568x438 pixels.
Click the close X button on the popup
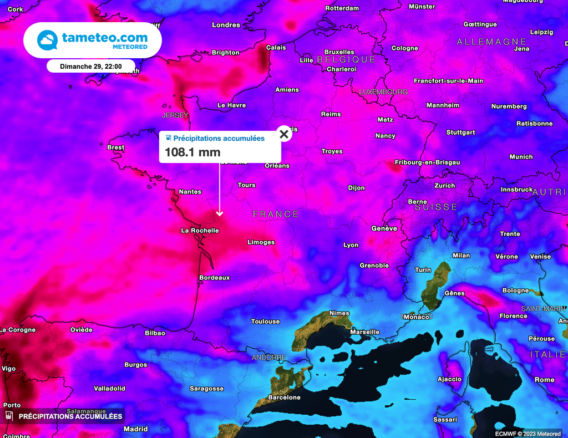pos(284,134)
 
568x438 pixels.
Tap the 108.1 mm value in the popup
pos(192,152)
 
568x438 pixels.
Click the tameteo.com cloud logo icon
pos(47,40)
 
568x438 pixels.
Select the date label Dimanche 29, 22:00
pos(90,66)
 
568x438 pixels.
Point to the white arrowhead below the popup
pos(220,213)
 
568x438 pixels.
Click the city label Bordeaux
pos(214,277)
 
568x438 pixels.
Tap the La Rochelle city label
pos(200,230)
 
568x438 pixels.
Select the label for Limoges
pos(261,242)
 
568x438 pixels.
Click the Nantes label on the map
pos(190,191)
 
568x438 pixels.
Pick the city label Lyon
pos(351,245)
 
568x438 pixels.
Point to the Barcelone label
pos(284,397)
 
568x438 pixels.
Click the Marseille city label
pos(365,332)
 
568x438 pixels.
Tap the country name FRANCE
pos(276,214)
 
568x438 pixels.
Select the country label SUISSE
pos(436,207)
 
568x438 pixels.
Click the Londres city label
pos(226,25)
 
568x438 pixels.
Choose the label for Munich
pos(521,157)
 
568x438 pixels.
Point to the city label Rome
pos(544,380)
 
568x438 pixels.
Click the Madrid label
pos(135,429)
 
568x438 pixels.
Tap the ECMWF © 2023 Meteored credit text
pos(528,433)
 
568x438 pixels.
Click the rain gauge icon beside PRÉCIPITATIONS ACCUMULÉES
pos(9,415)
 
